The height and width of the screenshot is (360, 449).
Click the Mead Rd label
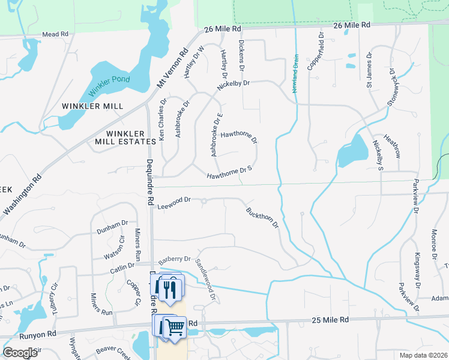tap(55, 34)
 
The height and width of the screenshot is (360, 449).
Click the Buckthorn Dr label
tap(262, 217)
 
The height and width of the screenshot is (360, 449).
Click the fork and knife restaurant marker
tap(171, 290)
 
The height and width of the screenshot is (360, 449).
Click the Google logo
tap(20, 353)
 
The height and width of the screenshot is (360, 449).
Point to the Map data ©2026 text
tap(421, 355)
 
